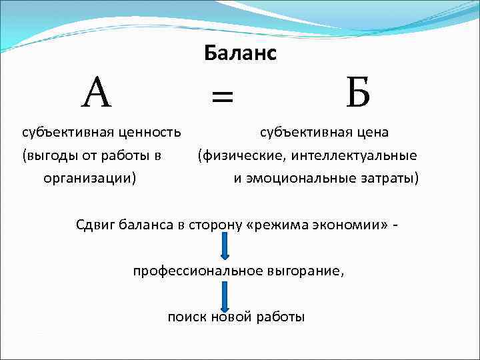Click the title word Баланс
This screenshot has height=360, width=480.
tap(240, 54)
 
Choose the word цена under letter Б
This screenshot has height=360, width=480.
tap(371, 133)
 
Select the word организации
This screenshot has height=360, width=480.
tap(89, 179)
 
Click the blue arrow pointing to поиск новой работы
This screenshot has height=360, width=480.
tap(225, 294)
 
